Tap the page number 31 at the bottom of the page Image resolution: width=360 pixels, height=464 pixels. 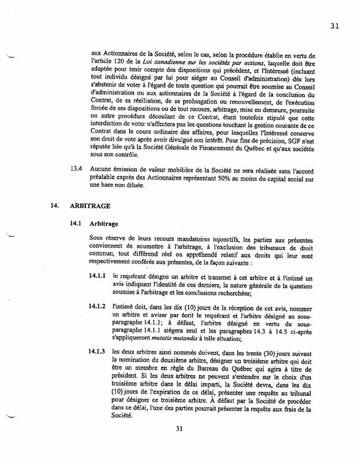tap(179, 444)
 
